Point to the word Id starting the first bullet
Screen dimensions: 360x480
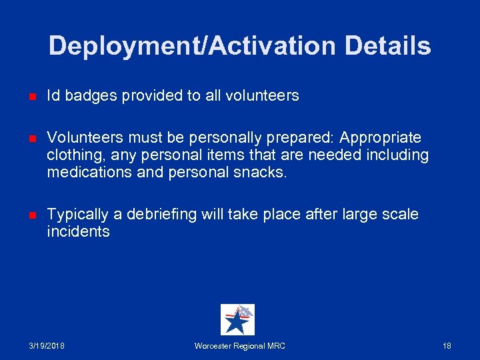point(53,96)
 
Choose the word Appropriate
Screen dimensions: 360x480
point(380,138)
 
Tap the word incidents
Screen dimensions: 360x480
point(78,232)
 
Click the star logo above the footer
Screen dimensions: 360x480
point(237,320)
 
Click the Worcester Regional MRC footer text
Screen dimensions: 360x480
point(239,346)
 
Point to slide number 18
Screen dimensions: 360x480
point(447,346)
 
